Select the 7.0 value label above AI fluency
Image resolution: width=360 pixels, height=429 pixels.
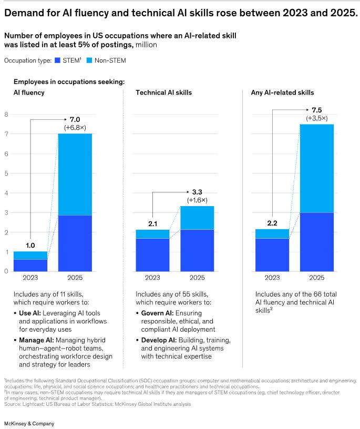click(x=75, y=120)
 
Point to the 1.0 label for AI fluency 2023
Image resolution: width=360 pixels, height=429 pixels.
click(x=30, y=244)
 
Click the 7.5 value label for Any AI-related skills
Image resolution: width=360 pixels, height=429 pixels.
click(x=317, y=110)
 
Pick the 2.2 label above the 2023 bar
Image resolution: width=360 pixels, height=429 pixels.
click(x=272, y=222)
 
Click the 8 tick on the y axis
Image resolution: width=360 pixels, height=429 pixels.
click(x=6, y=114)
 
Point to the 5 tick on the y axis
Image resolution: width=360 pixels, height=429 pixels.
click(x=6, y=173)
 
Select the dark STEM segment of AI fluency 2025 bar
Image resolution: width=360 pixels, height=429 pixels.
click(x=75, y=243)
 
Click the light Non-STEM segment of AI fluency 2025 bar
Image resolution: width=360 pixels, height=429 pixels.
click(x=75, y=174)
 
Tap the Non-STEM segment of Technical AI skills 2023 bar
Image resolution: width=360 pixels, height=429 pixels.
click(x=152, y=234)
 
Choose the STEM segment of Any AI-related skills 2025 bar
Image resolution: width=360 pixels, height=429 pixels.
click(x=316, y=242)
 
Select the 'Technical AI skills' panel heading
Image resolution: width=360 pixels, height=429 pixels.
click(x=163, y=93)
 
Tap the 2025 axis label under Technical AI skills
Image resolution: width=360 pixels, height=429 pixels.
click(x=197, y=278)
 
